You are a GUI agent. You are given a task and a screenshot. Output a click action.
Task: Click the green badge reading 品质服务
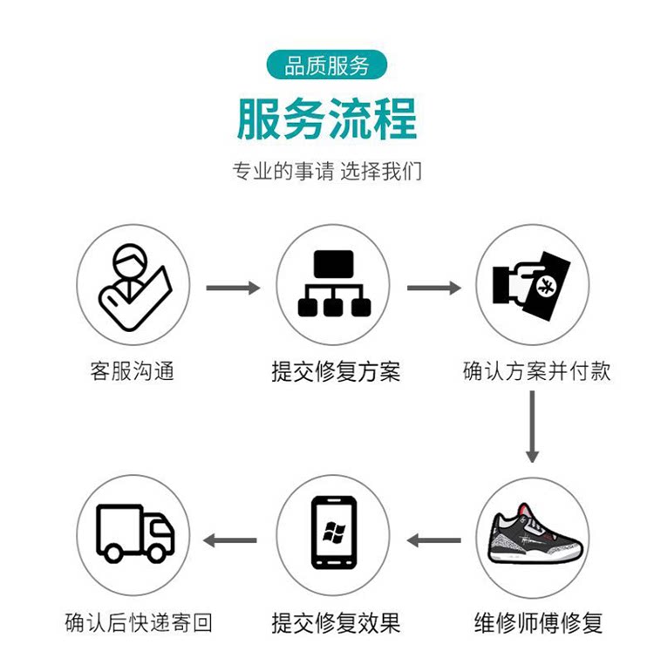coord(327,66)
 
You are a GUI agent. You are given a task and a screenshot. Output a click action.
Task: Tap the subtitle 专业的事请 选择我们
coord(327,172)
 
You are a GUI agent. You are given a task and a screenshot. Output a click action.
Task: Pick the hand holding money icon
coord(531,284)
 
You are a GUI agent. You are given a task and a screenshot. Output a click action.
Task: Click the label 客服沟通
coord(133,371)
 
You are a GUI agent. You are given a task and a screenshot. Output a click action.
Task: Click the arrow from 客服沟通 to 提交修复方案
coord(233,287)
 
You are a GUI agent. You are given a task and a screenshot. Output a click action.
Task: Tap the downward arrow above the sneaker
coord(532,426)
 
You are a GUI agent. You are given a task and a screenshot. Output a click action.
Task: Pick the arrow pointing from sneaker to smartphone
coord(433,540)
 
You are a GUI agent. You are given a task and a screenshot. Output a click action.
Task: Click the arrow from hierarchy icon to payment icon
coord(433,287)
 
